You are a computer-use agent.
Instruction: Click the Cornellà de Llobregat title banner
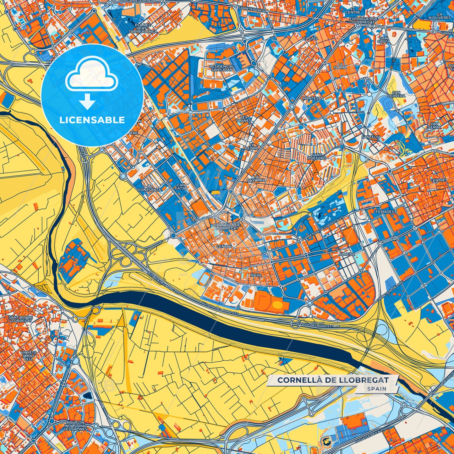333,380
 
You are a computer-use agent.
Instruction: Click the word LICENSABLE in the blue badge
92,120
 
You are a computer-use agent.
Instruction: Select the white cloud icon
91,74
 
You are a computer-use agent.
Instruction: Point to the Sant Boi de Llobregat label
21,319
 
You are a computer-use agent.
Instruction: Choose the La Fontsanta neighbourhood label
150,188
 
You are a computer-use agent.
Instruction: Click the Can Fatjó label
182,187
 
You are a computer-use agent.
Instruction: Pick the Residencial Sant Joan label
222,68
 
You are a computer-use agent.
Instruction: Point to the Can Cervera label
396,94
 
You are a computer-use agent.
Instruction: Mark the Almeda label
347,254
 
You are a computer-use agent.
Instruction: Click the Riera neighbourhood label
256,275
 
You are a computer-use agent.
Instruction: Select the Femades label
385,212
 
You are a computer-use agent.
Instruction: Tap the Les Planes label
244,119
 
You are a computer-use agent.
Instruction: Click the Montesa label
312,98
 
